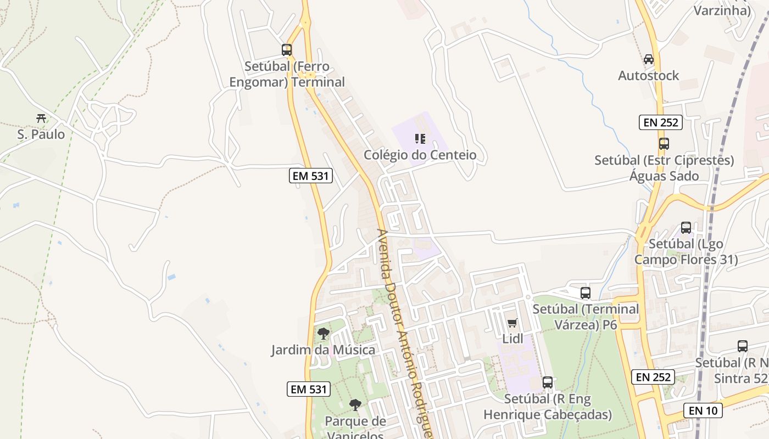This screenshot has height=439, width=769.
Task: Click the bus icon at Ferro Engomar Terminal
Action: coord(287,50)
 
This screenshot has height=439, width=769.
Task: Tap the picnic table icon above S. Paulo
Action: coord(41,118)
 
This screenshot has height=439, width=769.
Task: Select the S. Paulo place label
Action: coord(41,134)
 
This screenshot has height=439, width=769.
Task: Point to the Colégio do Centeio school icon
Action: coord(420,138)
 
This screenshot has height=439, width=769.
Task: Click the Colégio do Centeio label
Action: coord(420,155)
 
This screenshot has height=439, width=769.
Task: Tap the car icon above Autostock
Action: coord(649,59)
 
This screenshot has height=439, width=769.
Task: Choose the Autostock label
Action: coord(649,76)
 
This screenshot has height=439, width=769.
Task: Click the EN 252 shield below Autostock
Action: coord(661,122)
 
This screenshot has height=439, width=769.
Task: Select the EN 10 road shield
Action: coord(703,410)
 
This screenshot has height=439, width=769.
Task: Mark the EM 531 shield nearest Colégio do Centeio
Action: coord(311,176)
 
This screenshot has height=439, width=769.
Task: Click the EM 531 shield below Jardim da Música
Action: coord(309,389)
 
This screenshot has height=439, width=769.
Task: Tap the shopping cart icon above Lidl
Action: coord(512,323)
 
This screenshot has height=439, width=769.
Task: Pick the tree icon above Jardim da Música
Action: coord(324,333)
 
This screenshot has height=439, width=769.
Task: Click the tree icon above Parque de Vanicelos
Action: coord(355,405)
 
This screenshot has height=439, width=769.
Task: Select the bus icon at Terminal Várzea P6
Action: coord(586,293)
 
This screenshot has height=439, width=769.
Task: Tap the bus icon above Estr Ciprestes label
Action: coord(664,144)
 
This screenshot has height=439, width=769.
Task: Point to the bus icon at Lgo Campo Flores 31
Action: coord(686,227)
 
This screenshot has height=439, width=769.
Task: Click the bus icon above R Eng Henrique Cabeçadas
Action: coord(548,382)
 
